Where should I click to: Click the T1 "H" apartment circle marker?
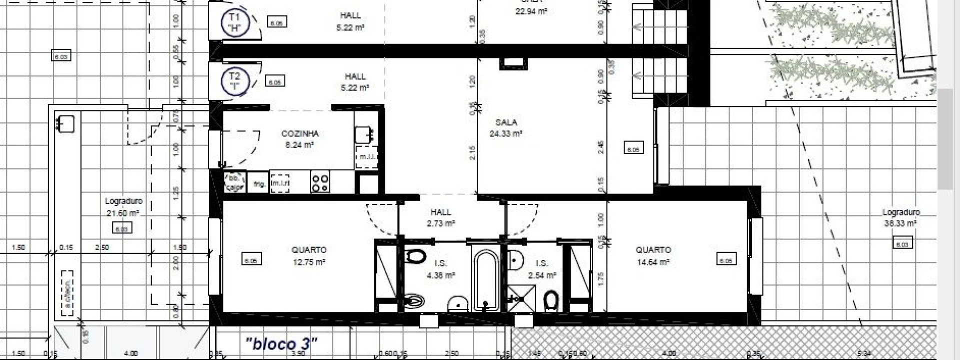click(234, 22)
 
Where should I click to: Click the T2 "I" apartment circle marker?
click(234, 81)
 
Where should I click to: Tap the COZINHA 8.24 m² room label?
click(299, 139)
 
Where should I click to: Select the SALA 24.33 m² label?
click(506, 128)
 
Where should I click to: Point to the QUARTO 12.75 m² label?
click(309, 255)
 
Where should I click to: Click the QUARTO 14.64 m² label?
click(653, 255)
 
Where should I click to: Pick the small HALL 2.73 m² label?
click(440, 218)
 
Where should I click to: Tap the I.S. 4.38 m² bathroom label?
click(440, 269)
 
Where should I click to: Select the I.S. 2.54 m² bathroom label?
click(542, 269)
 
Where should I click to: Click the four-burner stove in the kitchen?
click(320, 182)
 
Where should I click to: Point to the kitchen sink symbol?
click(364, 134)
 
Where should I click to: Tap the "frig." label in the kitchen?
click(259, 184)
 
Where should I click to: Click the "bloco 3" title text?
click(281, 344)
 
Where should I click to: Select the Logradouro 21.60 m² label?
click(123, 207)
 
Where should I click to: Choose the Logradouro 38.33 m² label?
click(901, 218)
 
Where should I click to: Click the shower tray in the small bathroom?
click(521, 299)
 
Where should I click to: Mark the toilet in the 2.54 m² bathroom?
click(551, 301)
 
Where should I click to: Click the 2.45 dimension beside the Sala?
click(601, 146)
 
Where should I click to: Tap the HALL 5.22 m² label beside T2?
click(356, 82)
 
